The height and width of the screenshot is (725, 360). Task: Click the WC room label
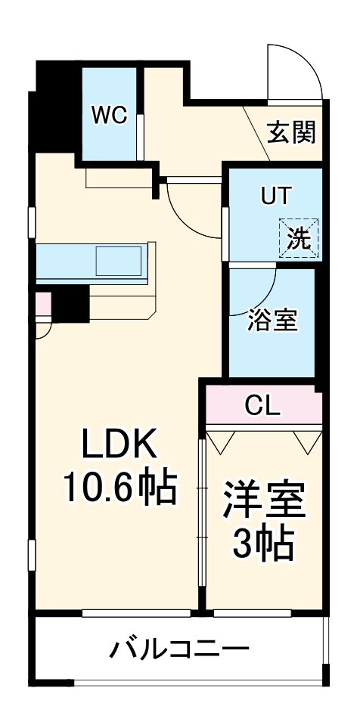pos(110,115)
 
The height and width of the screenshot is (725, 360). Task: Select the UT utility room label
pos(275,196)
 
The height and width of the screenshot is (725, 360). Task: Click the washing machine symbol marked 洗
pos(299,238)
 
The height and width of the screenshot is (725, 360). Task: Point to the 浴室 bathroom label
pos(272,320)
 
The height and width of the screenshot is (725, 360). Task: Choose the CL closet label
pos(262,406)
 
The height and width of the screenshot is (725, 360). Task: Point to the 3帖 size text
pos(262,541)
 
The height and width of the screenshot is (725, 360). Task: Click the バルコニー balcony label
pos(179,649)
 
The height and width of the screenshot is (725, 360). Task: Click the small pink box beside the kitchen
pos(43,304)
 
